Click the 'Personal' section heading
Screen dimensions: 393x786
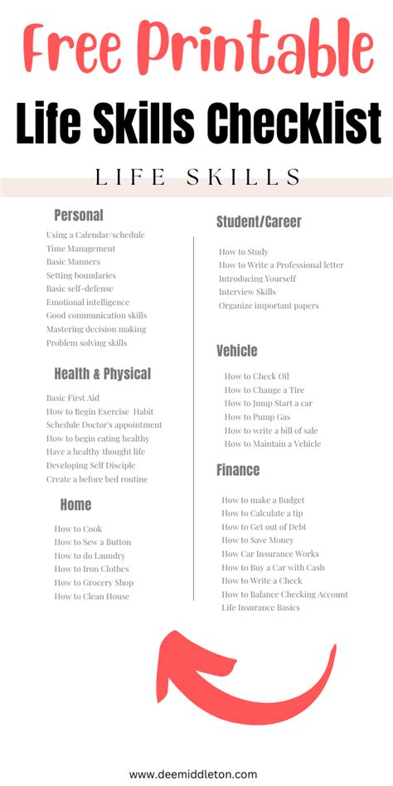coord(79,216)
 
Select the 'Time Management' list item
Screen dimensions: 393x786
coord(80,248)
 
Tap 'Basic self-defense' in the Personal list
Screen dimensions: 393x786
coord(80,289)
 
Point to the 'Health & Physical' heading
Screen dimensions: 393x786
coord(102,373)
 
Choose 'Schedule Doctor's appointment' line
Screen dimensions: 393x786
coord(104,425)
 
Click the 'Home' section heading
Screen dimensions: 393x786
coord(75,504)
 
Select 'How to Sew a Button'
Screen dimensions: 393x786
coord(92,542)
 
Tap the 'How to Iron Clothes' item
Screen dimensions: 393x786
coord(91,569)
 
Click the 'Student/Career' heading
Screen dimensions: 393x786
coord(259,221)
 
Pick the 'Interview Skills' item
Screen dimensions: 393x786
coord(247,292)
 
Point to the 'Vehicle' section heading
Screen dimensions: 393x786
coord(237,351)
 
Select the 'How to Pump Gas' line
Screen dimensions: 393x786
coord(259,417)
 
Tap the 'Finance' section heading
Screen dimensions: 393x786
coord(238,470)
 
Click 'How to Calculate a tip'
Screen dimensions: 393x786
coord(262,513)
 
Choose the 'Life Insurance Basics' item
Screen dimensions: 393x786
coord(260,608)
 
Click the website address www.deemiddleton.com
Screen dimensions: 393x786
coord(193,774)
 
